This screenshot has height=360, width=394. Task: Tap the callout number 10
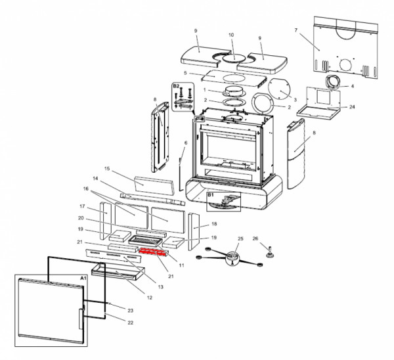[x=230, y=35]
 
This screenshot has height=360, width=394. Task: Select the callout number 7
[x=296, y=31]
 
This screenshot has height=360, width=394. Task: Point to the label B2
[x=176, y=86]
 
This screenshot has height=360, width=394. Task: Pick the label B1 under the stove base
[x=211, y=195]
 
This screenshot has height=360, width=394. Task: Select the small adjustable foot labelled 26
[x=269, y=248]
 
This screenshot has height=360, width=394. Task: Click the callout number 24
[x=353, y=106]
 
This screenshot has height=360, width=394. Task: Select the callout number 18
[x=214, y=224]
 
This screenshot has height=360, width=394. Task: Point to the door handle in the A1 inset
[x=81, y=319]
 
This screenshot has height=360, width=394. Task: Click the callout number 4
[x=353, y=86]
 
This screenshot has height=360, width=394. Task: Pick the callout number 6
[x=186, y=143]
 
